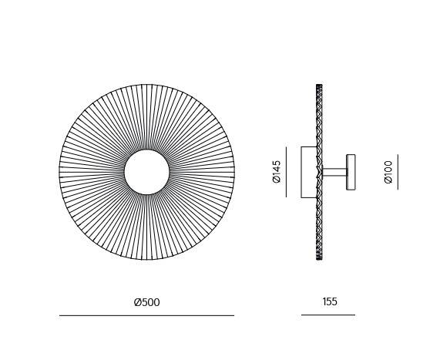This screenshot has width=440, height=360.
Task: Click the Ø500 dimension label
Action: click(x=146, y=302)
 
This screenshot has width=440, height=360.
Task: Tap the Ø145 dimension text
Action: click(x=277, y=172)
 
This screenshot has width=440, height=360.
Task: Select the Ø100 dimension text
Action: click(x=388, y=172)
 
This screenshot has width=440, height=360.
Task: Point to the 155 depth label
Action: click(x=330, y=301)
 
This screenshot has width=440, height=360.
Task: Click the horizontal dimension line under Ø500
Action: click(x=146, y=315)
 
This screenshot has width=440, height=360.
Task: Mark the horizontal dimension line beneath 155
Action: click(x=328, y=315)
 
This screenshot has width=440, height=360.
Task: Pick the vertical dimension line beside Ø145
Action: click(x=286, y=172)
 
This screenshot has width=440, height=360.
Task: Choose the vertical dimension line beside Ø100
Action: click(x=398, y=172)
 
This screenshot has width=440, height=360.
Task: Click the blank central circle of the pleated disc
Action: click(x=146, y=172)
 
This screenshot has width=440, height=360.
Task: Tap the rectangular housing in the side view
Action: click(x=309, y=172)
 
